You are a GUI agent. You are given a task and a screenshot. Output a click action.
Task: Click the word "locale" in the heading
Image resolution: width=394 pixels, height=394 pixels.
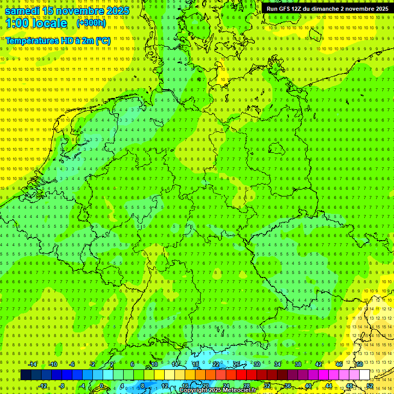click(x=51, y=24)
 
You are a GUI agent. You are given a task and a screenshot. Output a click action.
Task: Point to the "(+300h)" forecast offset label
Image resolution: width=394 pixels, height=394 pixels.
click(x=91, y=23)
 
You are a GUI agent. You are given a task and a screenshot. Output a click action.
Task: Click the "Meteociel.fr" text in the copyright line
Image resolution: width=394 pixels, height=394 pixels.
click(x=239, y=390)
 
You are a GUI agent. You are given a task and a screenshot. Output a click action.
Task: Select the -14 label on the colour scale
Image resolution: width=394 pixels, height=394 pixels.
click(x=33, y=364)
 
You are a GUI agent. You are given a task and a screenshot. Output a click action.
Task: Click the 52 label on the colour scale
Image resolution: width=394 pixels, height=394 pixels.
click(x=370, y=386)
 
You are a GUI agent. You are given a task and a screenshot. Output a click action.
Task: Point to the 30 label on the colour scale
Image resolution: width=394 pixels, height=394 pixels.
click(x=257, y=364)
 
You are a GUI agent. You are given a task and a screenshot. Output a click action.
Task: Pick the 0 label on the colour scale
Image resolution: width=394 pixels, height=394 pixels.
click(x=101, y=386)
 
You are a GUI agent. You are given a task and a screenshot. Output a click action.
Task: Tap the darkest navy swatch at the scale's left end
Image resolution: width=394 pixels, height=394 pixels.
click(x=26, y=375)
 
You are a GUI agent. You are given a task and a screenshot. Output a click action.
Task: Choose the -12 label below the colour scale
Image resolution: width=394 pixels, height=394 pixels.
click(x=43, y=386)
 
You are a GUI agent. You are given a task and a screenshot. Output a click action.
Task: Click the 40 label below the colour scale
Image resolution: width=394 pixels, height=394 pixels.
click(x=308, y=386)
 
